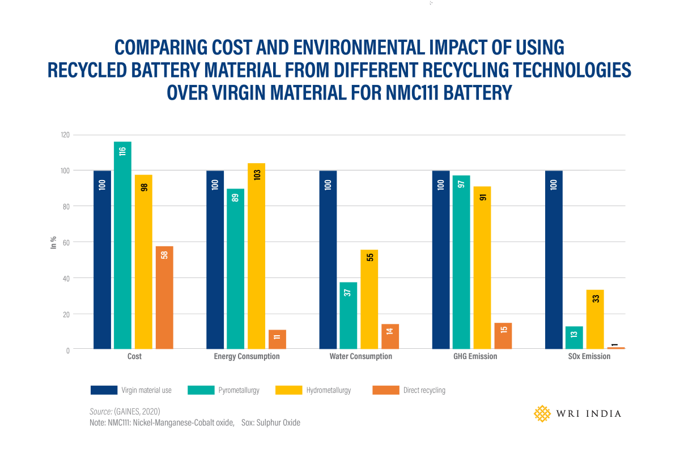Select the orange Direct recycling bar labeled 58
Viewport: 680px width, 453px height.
click(x=164, y=298)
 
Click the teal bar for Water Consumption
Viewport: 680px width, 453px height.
click(x=348, y=315)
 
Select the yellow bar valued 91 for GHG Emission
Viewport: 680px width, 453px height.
click(x=482, y=267)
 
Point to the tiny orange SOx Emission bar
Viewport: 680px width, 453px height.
click(x=615, y=348)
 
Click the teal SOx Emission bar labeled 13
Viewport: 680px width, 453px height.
click(x=574, y=337)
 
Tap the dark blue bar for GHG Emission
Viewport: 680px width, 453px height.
click(x=441, y=260)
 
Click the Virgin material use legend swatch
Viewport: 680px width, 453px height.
click(x=104, y=390)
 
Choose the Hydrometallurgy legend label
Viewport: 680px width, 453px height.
click(x=329, y=390)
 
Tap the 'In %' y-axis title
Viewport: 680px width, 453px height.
click(x=53, y=243)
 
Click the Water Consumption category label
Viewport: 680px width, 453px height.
click(x=360, y=357)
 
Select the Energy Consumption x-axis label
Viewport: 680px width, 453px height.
click(x=246, y=357)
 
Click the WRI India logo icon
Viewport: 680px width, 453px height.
click(x=542, y=413)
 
